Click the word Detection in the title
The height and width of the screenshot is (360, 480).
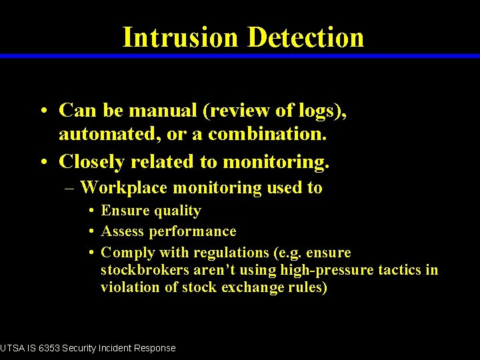click(305, 37)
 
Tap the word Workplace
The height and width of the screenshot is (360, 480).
click(123, 188)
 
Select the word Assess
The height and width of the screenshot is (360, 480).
click(122, 231)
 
